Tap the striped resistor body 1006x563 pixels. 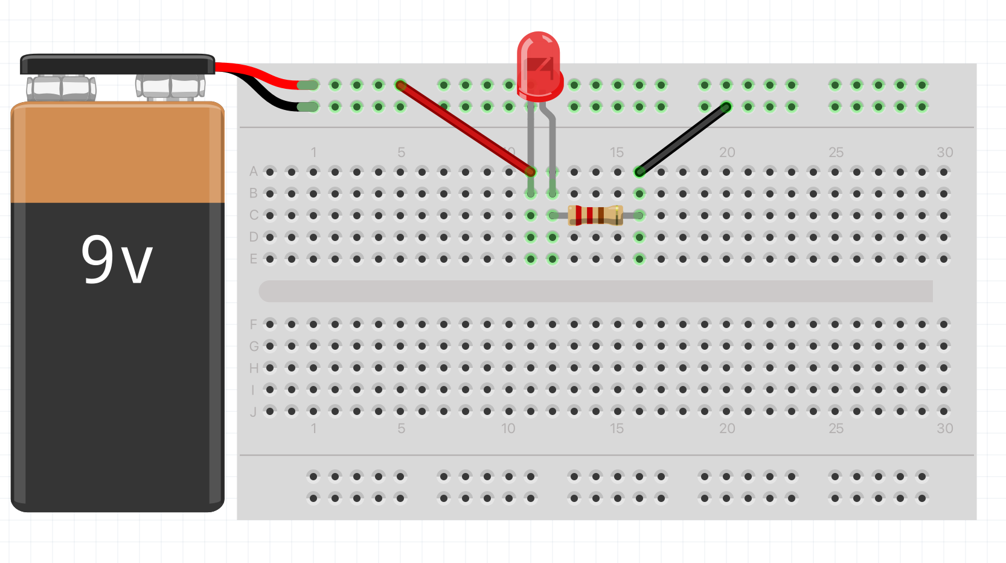pyautogui.click(x=595, y=215)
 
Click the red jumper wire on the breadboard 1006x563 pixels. pyautogui.click(x=465, y=128)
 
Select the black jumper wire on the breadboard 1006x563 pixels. pyautogui.click(x=682, y=140)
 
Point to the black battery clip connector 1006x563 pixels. pyautogui.click(x=117, y=65)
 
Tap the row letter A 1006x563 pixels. pyautogui.click(x=254, y=172)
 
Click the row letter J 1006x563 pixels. pyautogui.click(x=254, y=412)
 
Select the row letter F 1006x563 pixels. pyautogui.click(x=254, y=325)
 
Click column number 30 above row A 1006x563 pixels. pyautogui.click(x=944, y=152)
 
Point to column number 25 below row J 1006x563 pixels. pyautogui.click(x=836, y=428)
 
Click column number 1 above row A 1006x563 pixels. pyautogui.click(x=313, y=152)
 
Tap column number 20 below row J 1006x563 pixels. pyautogui.click(x=727, y=428)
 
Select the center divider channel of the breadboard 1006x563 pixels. pyautogui.click(x=595, y=291)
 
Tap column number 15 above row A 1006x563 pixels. pyautogui.click(x=617, y=152)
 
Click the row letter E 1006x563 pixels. pyautogui.click(x=254, y=259)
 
